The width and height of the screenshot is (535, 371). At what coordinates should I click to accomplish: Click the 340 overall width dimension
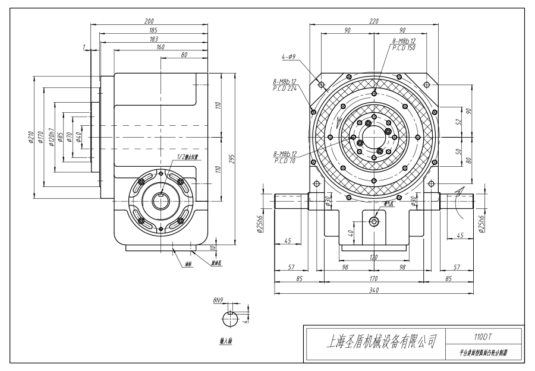[x=374, y=290]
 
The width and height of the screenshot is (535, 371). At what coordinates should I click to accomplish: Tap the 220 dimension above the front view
[x=374, y=21]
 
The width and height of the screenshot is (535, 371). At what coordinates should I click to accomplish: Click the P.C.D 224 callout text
[x=285, y=88]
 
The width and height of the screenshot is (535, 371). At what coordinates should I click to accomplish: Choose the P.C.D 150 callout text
[x=404, y=47]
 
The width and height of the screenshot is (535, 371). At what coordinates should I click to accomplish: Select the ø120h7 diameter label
[x=52, y=138]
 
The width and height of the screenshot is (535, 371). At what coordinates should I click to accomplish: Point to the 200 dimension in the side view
[x=150, y=21]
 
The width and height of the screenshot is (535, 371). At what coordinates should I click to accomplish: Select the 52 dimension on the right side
[x=458, y=122]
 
